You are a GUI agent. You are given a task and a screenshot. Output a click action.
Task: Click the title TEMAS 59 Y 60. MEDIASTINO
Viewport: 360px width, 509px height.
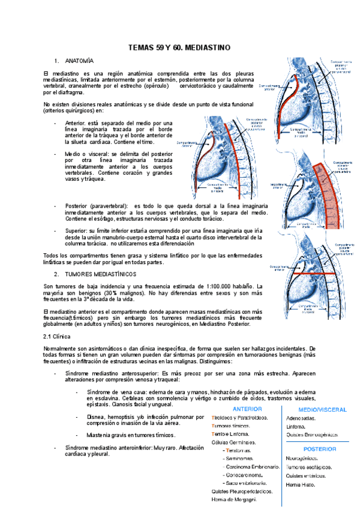click(179, 47)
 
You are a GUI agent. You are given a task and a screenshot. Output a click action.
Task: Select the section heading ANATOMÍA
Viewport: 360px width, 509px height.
click(79, 61)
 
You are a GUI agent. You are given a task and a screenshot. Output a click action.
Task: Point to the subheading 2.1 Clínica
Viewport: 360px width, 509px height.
click(61, 337)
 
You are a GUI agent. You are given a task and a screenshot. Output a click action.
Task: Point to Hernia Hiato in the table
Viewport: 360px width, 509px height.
click(301, 484)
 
